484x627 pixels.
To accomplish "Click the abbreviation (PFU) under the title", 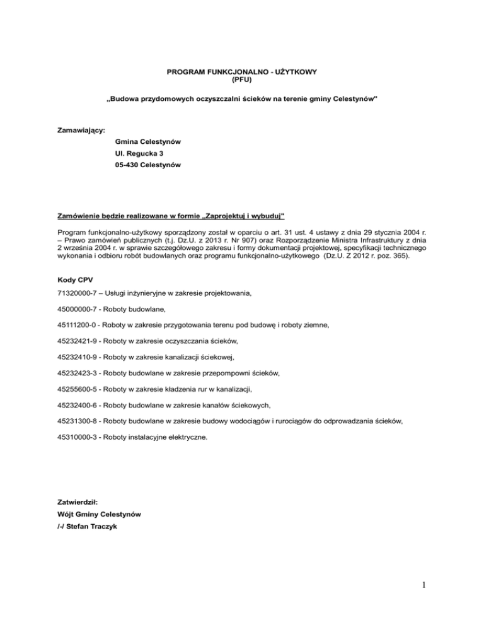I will pyautogui.click(x=241, y=80).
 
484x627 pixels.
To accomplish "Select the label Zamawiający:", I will pyautogui.click(x=81, y=130).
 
